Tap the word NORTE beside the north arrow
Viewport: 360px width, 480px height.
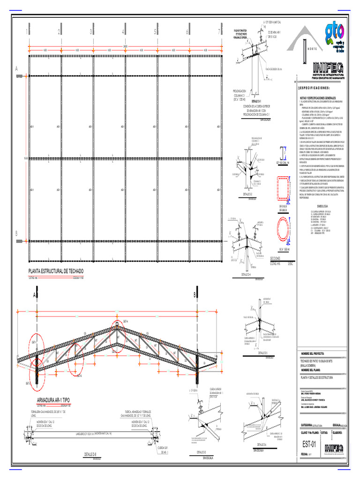(309, 49)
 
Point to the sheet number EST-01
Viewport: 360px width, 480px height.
(309, 444)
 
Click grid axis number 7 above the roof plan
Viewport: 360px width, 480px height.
(218, 32)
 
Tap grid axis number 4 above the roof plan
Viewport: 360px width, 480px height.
(123, 32)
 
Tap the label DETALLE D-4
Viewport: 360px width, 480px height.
(246, 274)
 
